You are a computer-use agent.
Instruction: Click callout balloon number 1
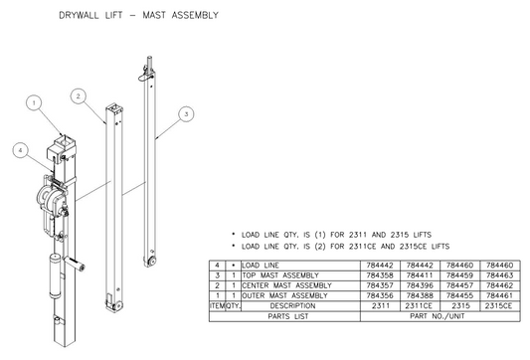[33, 101]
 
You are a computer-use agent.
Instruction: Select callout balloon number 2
[78, 96]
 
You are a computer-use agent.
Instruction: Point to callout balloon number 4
[20, 150]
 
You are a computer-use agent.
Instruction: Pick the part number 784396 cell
[424, 284]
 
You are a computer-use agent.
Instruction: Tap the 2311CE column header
[424, 305]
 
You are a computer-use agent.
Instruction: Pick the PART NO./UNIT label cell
[444, 317]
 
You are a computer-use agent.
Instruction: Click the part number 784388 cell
[424, 294]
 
